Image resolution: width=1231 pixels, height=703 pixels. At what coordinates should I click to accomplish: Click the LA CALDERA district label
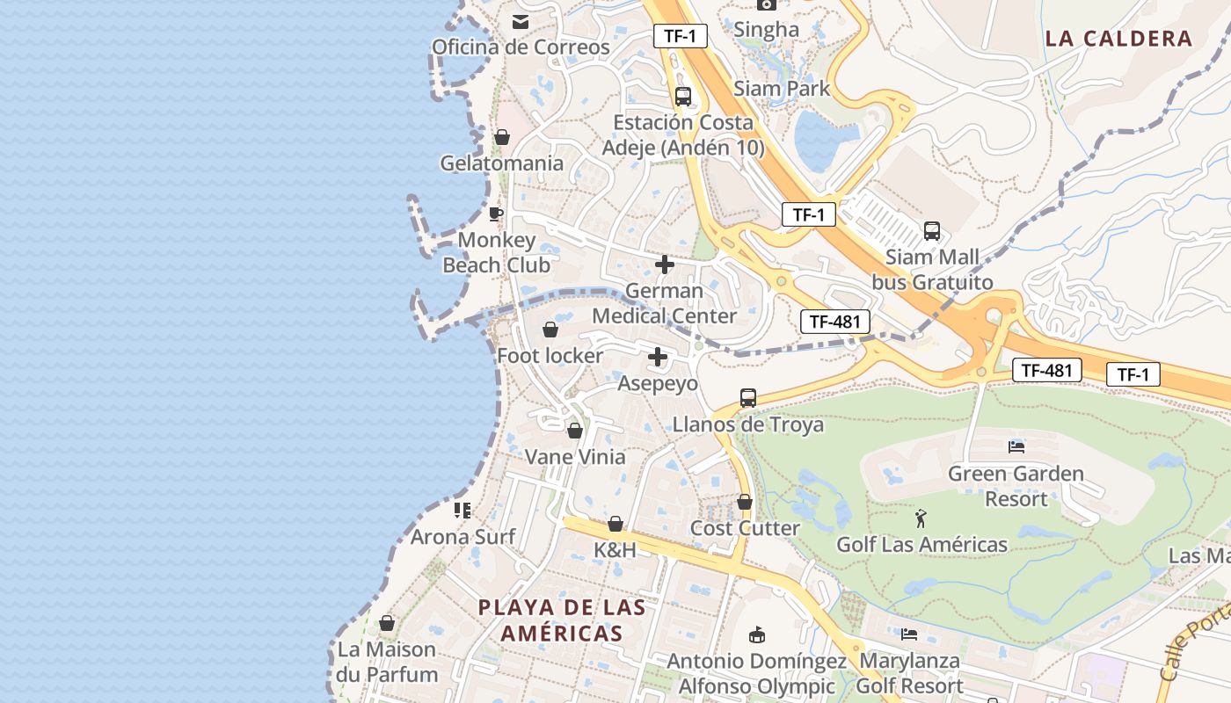pyautogui.click(x=1118, y=39)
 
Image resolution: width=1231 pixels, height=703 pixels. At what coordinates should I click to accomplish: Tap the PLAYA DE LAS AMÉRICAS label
pyautogui.click(x=562, y=620)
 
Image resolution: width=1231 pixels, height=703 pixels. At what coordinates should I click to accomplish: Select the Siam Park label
pyautogui.click(x=782, y=88)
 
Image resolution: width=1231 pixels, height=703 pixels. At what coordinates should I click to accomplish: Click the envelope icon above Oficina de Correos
pyautogui.click(x=521, y=21)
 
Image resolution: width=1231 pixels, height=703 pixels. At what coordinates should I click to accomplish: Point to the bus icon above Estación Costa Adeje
pyautogui.click(x=683, y=97)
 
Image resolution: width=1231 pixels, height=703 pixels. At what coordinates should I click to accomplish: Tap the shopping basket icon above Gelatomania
pyautogui.click(x=502, y=137)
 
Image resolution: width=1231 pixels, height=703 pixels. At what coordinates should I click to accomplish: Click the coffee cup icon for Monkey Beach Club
pyautogui.click(x=496, y=214)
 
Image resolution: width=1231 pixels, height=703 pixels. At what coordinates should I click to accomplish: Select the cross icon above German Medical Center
pyautogui.click(x=665, y=264)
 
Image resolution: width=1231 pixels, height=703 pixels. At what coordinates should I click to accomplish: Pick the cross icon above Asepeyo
pyautogui.click(x=658, y=357)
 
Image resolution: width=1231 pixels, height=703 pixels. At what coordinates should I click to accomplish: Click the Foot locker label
pyautogui.click(x=550, y=356)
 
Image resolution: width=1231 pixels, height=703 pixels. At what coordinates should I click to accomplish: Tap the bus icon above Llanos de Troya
pyautogui.click(x=748, y=398)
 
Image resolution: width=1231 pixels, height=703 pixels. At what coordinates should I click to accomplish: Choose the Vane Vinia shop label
pyautogui.click(x=575, y=457)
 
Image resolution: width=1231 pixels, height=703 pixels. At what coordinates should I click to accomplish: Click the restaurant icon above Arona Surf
pyautogui.click(x=463, y=510)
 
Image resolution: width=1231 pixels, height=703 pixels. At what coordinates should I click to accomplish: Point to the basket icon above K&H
pyautogui.click(x=615, y=524)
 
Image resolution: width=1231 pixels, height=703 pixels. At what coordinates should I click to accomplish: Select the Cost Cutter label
pyautogui.click(x=745, y=528)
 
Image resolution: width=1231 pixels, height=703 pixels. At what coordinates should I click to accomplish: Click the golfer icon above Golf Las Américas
pyautogui.click(x=921, y=518)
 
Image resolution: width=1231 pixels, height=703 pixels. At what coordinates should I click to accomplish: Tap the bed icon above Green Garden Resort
pyautogui.click(x=1016, y=447)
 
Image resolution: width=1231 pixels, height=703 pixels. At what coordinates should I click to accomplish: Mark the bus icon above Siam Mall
pyautogui.click(x=932, y=231)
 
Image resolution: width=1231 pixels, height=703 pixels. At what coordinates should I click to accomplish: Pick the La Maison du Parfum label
pyautogui.click(x=387, y=662)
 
